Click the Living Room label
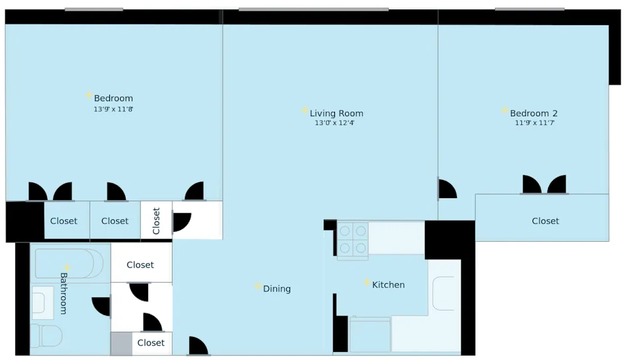click(336, 113)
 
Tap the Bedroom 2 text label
click(533, 113)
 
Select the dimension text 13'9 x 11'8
click(113, 109)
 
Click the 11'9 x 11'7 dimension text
click(534, 123)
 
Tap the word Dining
click(277, 289)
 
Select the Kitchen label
click(388, 284)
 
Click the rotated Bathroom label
click(64, 293)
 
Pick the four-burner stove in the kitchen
click(352, 239)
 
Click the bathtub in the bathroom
click(64, 264)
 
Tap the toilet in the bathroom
click(46, 336)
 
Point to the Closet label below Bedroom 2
click(545, 221)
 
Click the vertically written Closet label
click(156, 221)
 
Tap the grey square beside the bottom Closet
click(121, 344)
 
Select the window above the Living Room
click(313, 9)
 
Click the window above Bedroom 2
click(529, 9)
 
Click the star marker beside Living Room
click(304, 111)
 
